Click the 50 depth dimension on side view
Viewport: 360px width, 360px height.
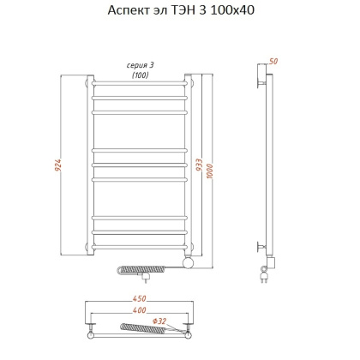coord(273,62)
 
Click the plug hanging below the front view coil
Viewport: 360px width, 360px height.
coord(147,278)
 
